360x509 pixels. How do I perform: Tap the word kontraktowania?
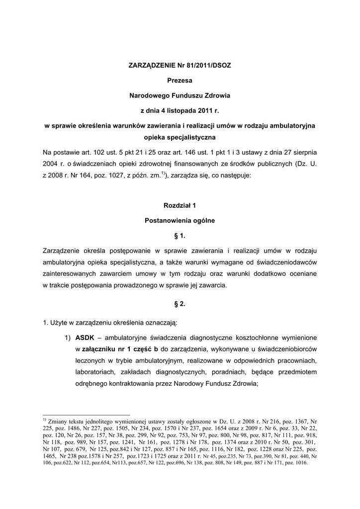pyautogui.click(x=134, y=383)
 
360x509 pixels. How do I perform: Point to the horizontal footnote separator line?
pyautogui.click(x=87, y=415)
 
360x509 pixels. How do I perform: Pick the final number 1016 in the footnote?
pyautogui.click(x=301, y=463)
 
